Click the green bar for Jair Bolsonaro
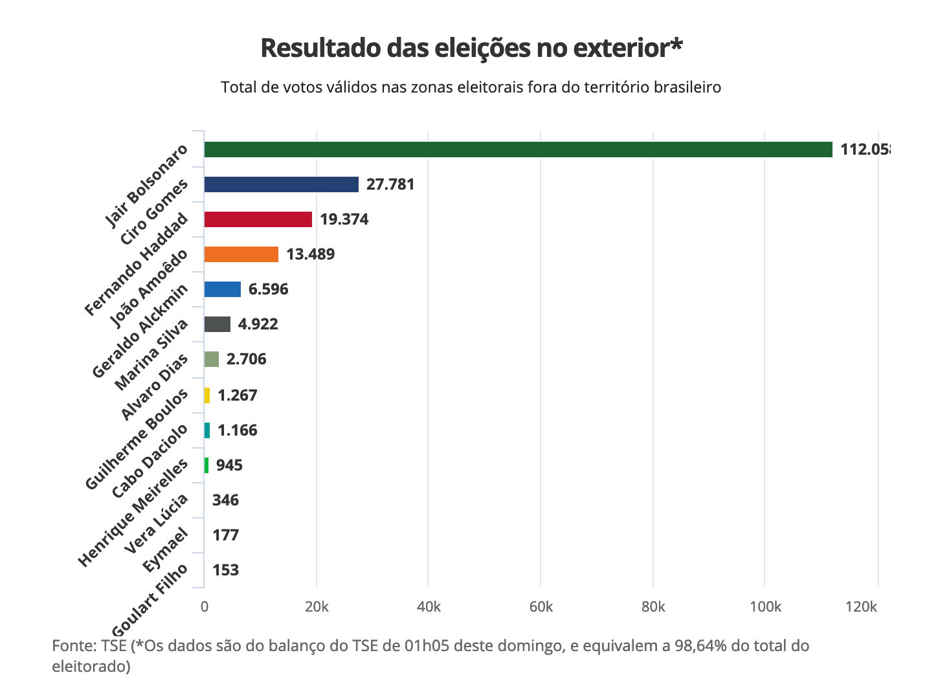coord(518,150)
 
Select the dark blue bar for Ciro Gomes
coord(281,184)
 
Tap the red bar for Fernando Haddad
coord(258,219)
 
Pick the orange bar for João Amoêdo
coord(241,254)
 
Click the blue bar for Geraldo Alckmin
coord(222,289)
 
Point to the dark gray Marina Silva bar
coord(217,324)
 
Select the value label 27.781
coord(390,184)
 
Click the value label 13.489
coord(311,254)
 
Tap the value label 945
coord(229,465)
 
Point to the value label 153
coord(225,570)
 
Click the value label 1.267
coord(238,395)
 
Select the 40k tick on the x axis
coord(429,607)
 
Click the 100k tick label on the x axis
coord(765,607)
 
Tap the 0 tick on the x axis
coord(205,607)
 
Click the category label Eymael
coord(166,550)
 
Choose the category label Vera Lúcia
coord(157,524)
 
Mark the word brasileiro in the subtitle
coord(686,87)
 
